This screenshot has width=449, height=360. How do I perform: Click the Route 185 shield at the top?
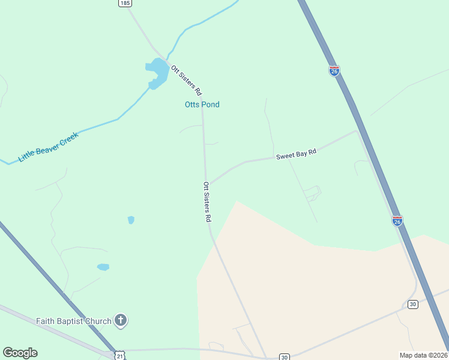point(124,3)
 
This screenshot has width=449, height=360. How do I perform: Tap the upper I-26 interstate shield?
point(334,71)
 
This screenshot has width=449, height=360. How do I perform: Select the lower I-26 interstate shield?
point(397,221)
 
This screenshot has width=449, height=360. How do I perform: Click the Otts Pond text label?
point(202,104)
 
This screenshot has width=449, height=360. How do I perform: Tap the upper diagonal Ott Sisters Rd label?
point(186,80)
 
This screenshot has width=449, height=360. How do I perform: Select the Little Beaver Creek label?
point(48,147)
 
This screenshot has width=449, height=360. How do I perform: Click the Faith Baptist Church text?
point(74,321)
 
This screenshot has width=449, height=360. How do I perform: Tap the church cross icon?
point(121,320)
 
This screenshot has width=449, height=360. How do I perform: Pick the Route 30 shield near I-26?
point(412,304)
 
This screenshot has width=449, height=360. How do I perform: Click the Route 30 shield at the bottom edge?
point(284,357)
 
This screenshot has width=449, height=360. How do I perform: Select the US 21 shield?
point(120,356)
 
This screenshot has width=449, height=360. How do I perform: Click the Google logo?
point(20,353)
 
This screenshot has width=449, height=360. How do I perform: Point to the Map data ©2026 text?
point(423,355)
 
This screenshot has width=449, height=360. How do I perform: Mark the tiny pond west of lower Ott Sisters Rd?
point(131,220)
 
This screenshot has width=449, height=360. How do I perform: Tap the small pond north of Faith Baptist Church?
point(103,266)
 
